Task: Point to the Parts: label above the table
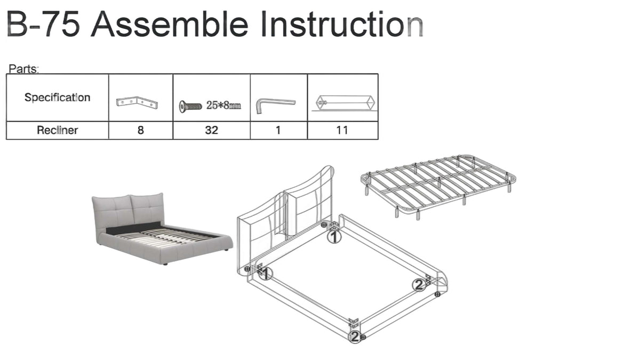click(23, 69)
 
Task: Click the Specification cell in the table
click(58, 98)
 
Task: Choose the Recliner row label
click(58, 130)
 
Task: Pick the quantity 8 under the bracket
click(141, 130)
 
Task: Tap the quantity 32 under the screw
click(211, 130)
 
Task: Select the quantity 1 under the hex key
click(278, 130)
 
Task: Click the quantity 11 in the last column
click(342, 130)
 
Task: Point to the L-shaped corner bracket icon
click(137, 102)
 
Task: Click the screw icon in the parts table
click(190, 107)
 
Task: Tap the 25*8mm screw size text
click(223, 106)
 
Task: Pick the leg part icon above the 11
click(345, 103)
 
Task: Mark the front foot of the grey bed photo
click(165, 263)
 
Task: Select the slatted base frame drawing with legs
click(438, 187)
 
